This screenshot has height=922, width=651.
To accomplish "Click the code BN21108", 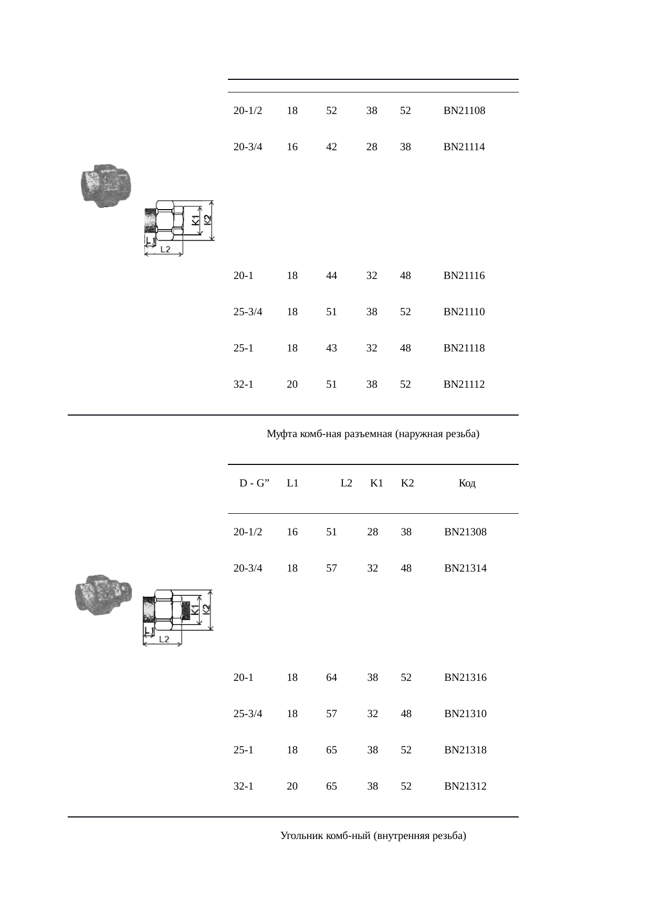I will pos(464,111).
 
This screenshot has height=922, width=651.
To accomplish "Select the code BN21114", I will pos(464,147).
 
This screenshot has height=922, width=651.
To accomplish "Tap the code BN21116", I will pos(464,276).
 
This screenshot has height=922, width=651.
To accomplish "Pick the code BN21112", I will pos(464,385).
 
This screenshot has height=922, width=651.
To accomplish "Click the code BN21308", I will pos(465,532).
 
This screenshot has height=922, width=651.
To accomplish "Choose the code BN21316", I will pos(465,678).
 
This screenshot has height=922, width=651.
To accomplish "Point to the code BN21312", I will pos(465,786).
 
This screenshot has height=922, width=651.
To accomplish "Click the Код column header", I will pos(467,483).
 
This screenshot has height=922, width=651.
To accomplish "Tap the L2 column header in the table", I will pos(346,483).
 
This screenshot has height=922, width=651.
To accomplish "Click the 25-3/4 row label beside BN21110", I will pos(248,312).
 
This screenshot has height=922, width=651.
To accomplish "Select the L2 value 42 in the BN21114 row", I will pos(331,147).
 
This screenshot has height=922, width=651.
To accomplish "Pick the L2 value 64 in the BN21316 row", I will pos(331,678).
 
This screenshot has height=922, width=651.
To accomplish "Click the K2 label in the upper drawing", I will pos(207,220).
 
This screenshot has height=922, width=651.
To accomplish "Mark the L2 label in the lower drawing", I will pos(164,639).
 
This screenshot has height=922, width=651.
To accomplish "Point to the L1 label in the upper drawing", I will pos(150,241).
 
